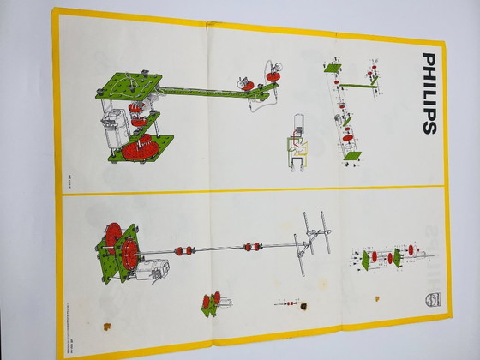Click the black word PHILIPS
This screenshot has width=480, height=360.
(x=428, y=93)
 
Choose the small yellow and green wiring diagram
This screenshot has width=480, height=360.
(x=297, y=154)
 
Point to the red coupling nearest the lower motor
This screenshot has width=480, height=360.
(x=182, y=250)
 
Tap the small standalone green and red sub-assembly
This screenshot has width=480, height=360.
(x=210, y=302)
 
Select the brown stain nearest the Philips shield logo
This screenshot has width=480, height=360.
(x=376, y=299)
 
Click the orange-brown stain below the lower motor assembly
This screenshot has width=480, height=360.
(x=106, y=325)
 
